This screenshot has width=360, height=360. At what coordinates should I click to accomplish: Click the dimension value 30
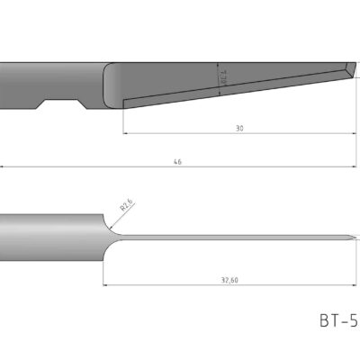239,129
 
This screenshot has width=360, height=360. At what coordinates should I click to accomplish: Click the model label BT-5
337,319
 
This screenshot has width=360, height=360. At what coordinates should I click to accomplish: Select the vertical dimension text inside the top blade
222,80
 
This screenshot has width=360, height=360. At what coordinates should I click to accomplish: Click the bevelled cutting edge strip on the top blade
234,93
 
